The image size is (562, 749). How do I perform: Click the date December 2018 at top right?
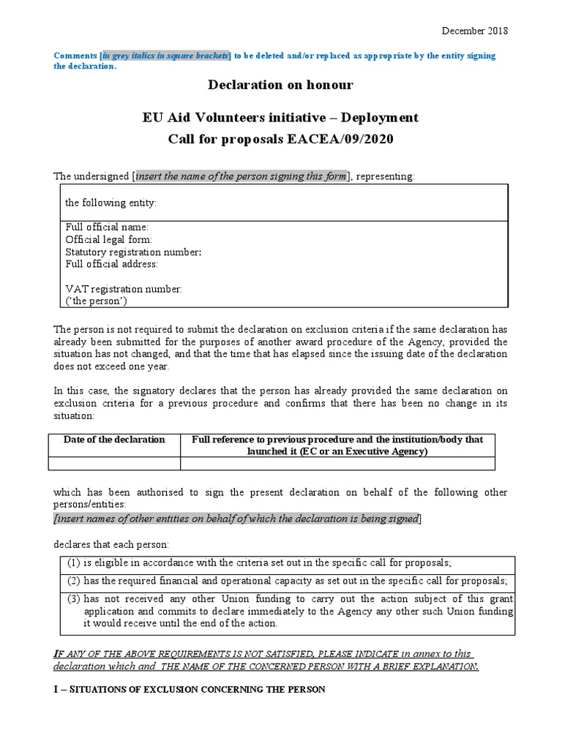click(x=473, y=31)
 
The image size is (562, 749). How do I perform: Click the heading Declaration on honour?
click(x=280, y=85)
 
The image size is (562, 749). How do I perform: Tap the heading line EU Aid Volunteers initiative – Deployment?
click(x=280, y=117)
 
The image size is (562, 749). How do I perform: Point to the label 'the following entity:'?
click(x=111, y=203)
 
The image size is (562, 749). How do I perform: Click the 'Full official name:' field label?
click(x=107, y=227)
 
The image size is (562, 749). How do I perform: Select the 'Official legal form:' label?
click(x=109, y=239)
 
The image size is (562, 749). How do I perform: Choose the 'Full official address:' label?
click(x=111, y=263)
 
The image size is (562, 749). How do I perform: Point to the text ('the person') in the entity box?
click(x=91, y=301)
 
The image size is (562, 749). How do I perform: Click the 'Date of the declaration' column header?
click(x=114, y=440)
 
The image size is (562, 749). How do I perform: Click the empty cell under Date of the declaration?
click(x=114, y=463)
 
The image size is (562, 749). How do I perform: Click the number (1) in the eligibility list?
click(x=74, y=562)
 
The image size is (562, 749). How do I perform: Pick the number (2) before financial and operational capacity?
click(x=74, y=581)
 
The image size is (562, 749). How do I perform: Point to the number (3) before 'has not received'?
click(x=74, y=599)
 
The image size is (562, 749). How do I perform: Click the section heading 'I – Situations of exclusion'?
click(x=190, y=690)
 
